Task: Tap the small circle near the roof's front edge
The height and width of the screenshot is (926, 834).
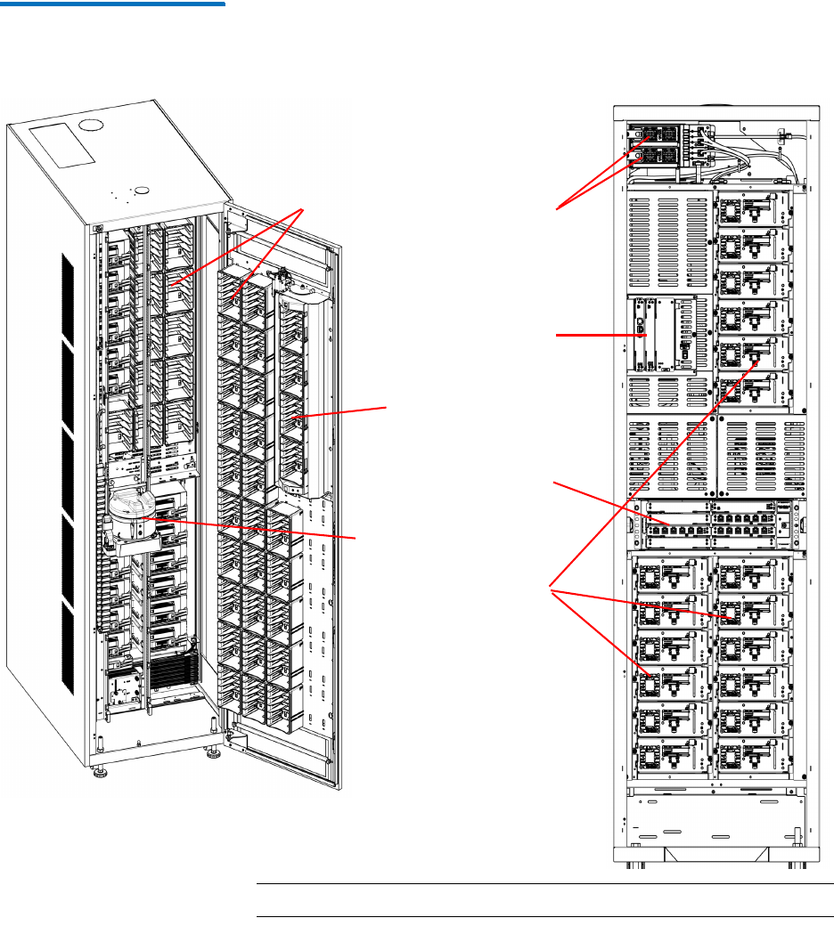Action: pos(140,189)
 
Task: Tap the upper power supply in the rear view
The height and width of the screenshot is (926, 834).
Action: pos(655,135)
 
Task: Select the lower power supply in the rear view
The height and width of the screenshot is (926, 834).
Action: pos(655,155)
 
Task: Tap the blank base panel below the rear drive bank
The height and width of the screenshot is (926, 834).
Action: pos(713,824)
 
